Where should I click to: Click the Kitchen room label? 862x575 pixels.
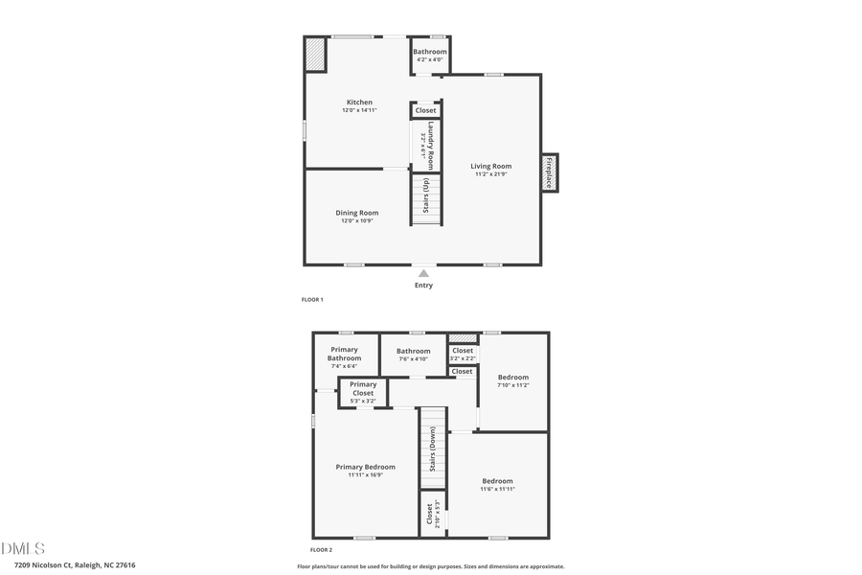(x=359, y=103)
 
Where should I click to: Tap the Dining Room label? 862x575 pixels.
(x=356, y=213)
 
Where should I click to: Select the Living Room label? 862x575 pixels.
(x=490, y=167)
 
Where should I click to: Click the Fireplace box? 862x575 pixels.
(x=550, y=172)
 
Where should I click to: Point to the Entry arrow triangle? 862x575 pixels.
(x=423, y=273)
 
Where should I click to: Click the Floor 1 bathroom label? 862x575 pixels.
(x=429, y=52)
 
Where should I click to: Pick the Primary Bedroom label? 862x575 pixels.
(x=365, y=468)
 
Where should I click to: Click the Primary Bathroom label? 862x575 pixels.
(x=344, y=354)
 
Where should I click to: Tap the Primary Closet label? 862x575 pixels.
(x=363, y=388)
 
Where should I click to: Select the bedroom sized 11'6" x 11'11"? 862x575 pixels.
(x=497, y=481)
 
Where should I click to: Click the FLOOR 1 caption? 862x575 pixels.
(x=312, y=300)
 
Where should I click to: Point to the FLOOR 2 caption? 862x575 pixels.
(x=321, y=550)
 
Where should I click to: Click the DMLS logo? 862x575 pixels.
(x=23, y=548)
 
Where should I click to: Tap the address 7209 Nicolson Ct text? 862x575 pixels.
(x=68, y=565)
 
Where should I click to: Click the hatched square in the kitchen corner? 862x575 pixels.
(x=315, y=54)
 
